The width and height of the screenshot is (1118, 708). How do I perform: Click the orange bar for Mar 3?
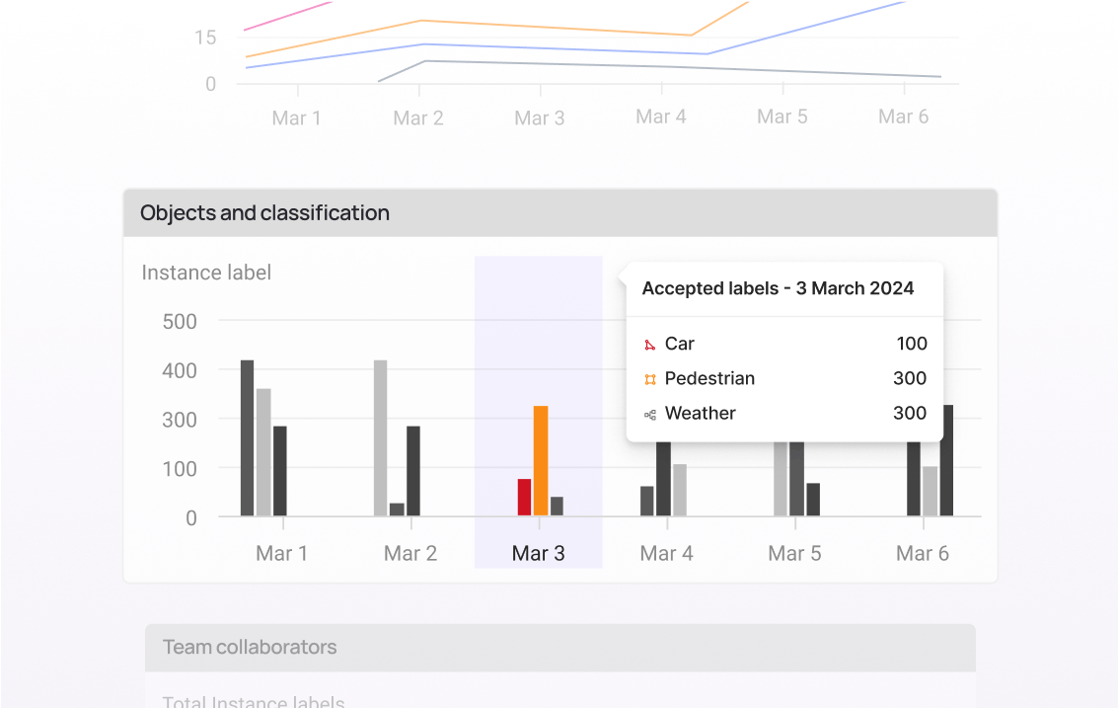coord(541,460)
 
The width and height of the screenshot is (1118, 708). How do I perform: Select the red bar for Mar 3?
coord(524,497)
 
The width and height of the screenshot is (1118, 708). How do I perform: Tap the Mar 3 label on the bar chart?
coord(538,554)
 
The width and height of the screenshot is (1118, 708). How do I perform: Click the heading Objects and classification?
coord(264,213)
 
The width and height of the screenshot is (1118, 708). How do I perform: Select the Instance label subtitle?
coord(206,273)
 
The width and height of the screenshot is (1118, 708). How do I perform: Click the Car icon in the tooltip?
coord(649,345)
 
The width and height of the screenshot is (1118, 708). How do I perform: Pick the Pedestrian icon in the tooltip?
coord(649,379)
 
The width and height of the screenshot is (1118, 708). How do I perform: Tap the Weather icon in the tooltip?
coord(649,415)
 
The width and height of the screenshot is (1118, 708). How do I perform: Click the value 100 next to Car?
coord(912,344)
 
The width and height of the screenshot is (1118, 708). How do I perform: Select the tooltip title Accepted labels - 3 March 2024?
coord(778,288)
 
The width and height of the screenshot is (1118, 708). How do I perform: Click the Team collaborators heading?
coord(250,648)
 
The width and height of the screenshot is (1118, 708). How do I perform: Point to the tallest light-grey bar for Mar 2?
coord(380,437)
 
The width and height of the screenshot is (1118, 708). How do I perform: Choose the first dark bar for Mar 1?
coord(247,437)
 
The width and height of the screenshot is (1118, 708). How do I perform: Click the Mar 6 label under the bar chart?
coord(922,554)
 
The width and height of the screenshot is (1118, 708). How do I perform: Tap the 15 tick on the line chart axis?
coord(205,38)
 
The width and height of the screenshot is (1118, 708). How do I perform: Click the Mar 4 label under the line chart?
coord(660,118)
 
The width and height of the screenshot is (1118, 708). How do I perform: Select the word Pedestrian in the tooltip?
coord(709,378)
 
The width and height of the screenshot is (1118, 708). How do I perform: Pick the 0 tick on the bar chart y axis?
coord(190,517)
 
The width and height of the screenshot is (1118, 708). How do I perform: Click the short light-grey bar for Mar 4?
coord(680,490)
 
